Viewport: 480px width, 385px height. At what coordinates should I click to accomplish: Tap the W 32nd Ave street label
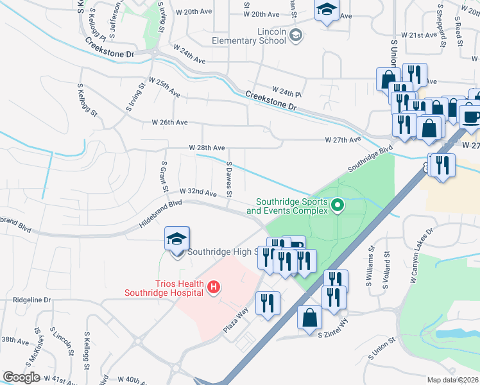(198, 192)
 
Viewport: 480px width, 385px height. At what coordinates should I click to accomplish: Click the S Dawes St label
(229, 179)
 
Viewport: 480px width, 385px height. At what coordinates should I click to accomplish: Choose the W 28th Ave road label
(207, 148)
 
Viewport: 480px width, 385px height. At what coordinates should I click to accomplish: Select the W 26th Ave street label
(169, 122)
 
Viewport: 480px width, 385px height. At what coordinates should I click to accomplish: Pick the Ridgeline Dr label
(31, 300)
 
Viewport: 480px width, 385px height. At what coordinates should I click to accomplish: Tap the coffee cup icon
(472, 117)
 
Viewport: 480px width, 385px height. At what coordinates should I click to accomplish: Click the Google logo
(21, 377)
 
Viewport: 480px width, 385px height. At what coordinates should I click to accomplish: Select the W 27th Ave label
(343, 139)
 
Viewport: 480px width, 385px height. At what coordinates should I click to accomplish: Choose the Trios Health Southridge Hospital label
(164, 288)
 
